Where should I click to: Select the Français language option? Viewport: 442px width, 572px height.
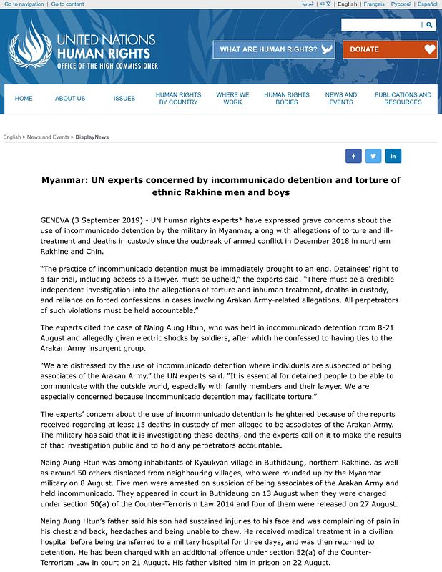coord(373,4)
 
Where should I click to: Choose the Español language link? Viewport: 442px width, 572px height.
coord(427,4)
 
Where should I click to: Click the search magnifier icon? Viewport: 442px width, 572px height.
coord(429,25)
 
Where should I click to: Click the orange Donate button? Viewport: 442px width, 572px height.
coord(389,49)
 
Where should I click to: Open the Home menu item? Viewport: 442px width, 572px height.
coord(24,99)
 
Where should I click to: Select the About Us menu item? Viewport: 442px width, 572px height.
coord(70,99)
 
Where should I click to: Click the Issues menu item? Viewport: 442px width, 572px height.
coord(124,99)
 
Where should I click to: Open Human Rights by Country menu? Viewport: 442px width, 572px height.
coord(178,99)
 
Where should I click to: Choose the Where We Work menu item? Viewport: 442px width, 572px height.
coord(232,99)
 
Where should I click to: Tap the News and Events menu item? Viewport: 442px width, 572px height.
coord(341,99)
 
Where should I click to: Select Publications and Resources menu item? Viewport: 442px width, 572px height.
coord(403,99)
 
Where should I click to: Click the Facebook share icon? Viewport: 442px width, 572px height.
coord(353,156)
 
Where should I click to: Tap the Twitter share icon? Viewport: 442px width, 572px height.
coord(373,156)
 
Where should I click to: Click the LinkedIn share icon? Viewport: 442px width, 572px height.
coord(393,156)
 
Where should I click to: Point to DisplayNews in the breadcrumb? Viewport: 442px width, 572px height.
coord(92,137)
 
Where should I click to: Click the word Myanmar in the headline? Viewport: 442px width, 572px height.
coord(62,179)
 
